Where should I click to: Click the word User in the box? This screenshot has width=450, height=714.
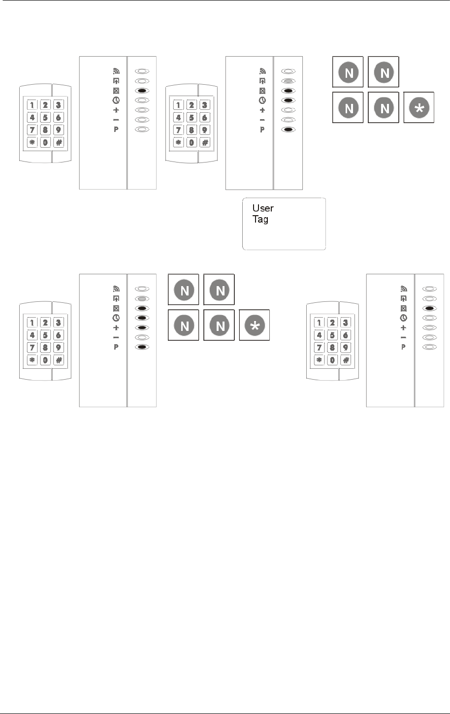(263, 209)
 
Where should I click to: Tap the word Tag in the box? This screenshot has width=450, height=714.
(260, 220)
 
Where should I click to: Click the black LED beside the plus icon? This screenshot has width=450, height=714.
(141, 327)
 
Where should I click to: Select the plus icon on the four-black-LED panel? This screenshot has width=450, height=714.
(116, 327)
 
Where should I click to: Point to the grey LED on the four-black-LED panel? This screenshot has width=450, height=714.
(141, 298)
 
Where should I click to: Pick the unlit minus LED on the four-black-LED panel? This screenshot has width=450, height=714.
(141, 337)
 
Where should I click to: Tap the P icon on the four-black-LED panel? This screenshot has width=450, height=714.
(116, 347)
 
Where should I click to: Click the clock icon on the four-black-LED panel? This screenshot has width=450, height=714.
(116, 317)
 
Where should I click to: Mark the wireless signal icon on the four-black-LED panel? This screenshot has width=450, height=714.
(116, 288)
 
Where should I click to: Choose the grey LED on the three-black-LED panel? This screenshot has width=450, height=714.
(288, 80)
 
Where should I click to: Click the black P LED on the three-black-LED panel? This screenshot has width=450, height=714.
(288, 130)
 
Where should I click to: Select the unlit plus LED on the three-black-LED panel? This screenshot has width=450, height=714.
(288, 110)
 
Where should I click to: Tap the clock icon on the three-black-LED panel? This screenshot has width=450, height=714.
(262, 100)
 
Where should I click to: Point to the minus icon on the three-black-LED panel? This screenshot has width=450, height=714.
(262, 120)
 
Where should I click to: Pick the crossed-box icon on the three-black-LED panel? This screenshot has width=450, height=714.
(262, 91)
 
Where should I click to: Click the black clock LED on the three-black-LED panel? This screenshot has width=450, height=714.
(288, 100)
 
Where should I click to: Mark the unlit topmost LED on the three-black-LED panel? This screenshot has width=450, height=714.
(288, 71)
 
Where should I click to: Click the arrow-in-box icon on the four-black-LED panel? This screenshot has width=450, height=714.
(116, 298)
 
